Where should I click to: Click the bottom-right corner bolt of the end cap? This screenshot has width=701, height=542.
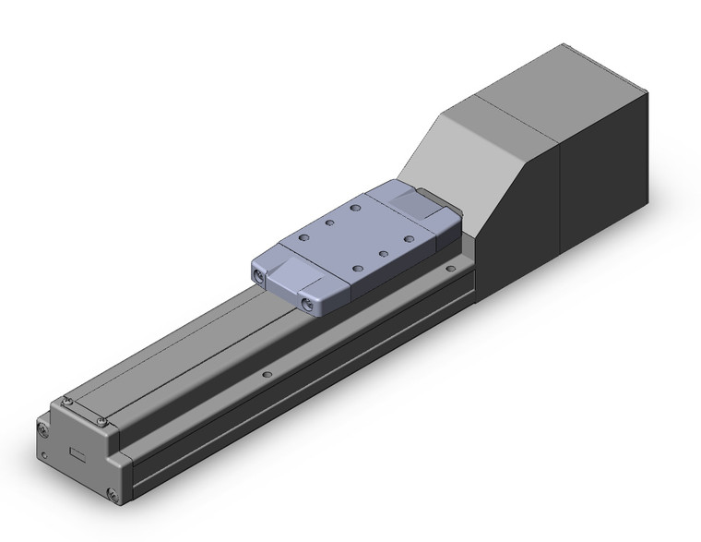tap(113, 497)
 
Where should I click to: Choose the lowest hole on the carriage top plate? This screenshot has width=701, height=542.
tap(358, 267)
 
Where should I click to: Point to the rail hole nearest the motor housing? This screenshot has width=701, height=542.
tap(449, 269)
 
